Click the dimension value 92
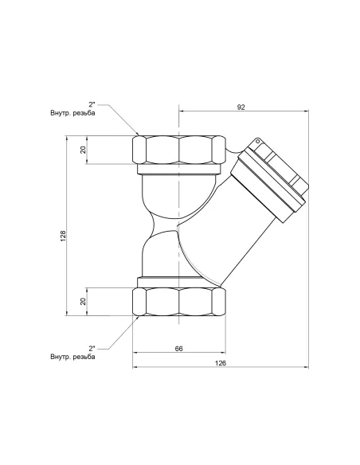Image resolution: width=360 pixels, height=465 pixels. pos(241,107)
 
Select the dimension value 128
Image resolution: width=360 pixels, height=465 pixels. pos(64,235)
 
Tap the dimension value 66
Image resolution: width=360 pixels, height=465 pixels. pos(179,349)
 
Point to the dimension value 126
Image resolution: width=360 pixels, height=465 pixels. pos(221,363)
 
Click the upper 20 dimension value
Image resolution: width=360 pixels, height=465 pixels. pos(83,149)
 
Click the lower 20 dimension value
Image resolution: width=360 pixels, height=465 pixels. pos(83,301)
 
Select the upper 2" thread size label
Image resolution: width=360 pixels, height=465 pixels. pos(92,104)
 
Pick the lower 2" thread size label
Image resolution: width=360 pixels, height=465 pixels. pos(92,348)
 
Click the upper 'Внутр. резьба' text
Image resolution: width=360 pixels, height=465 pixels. pos(73,113)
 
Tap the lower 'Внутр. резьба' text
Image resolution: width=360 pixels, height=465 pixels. pos(73,357)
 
